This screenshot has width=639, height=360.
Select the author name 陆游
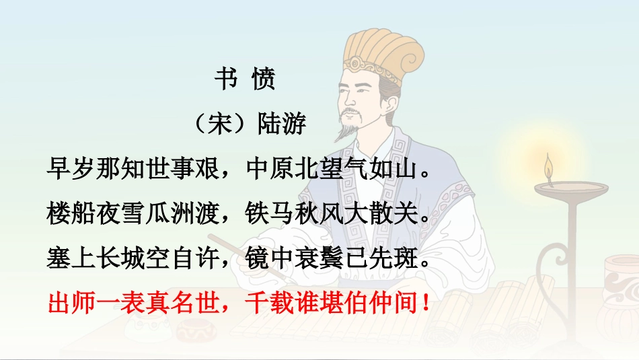[282, 123]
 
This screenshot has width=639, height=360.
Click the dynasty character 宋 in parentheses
[220, 123]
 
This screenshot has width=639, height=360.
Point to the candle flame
[548, 167]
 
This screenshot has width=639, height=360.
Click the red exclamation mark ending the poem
[426, 303]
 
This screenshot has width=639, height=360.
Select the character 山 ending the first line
[406, 168]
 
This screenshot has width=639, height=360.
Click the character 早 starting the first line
[59, 168]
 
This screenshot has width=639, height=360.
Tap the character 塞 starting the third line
[59, 258]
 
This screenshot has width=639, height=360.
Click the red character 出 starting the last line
[59, 303]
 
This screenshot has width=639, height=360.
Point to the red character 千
[257, 303]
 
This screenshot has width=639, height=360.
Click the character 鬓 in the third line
[356, 258]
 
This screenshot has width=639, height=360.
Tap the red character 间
[406, 303]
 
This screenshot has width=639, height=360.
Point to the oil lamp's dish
[571, 189]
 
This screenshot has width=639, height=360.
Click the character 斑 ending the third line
[406, 258]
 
